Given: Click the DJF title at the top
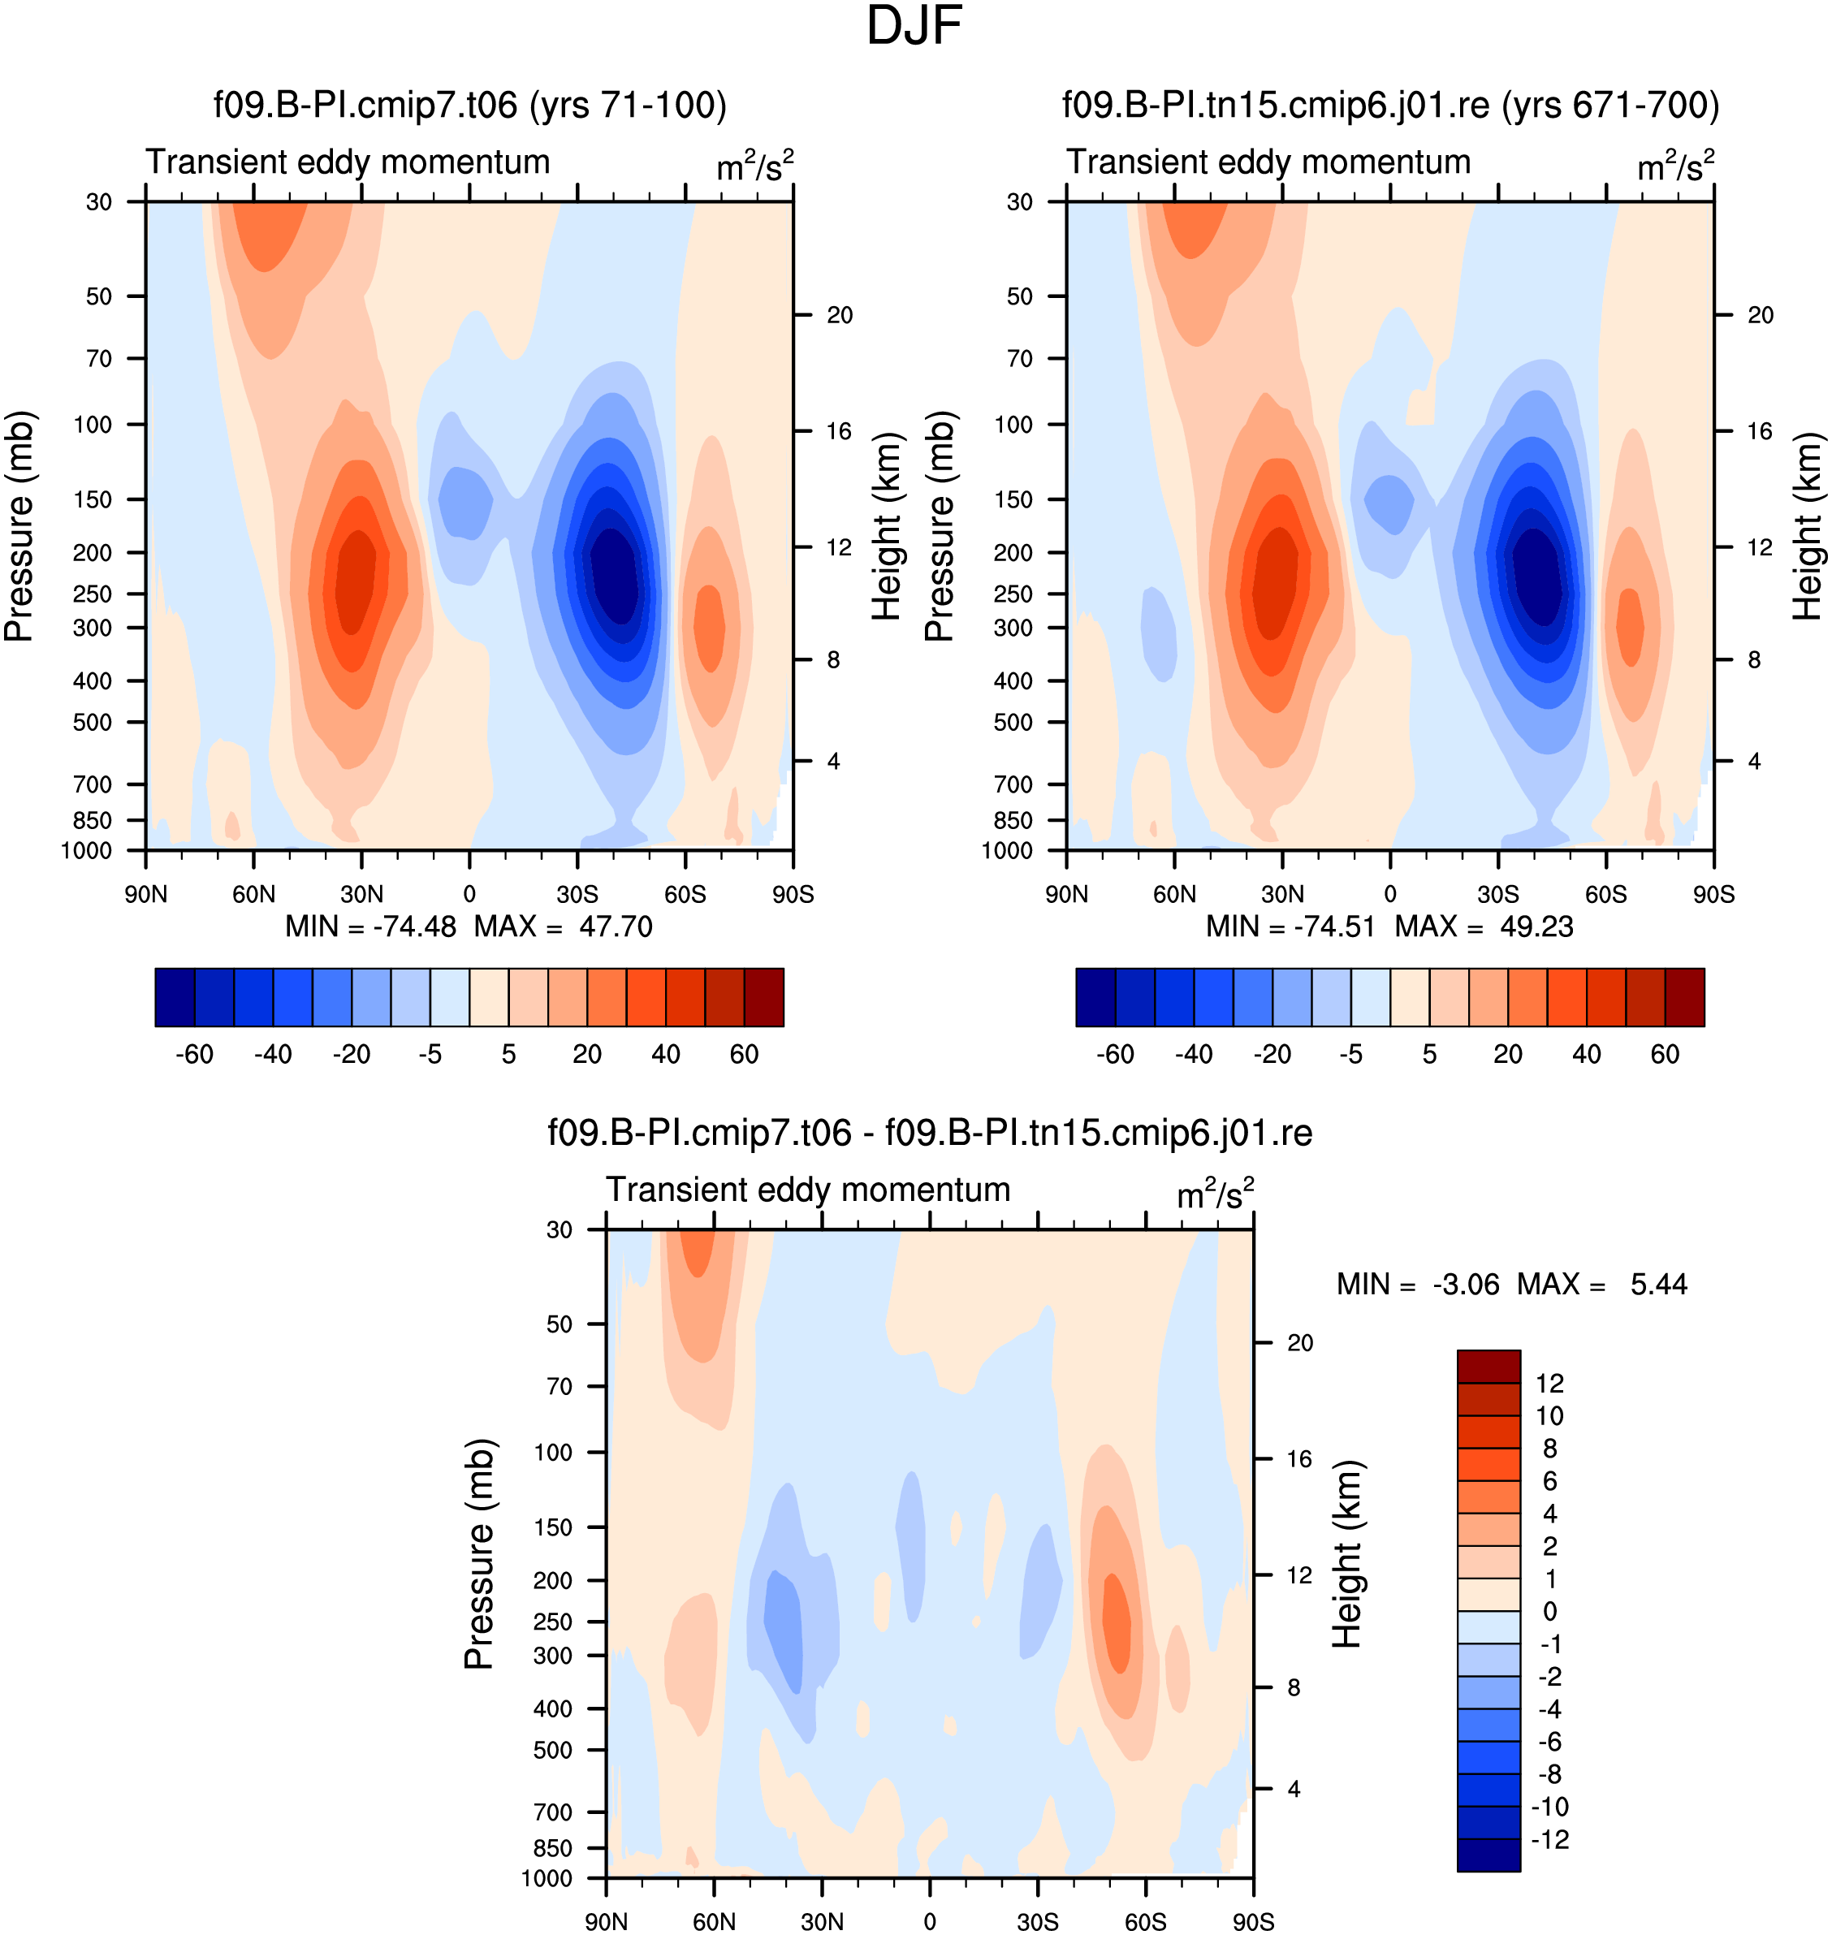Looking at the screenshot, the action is pyautogui.click(x=914, y=26).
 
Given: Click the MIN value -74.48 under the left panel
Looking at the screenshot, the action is pyautogui.click(x=415, y=926).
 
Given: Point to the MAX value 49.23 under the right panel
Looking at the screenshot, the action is pyautogui.click(x=1536, y=926).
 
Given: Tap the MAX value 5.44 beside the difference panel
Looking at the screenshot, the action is pyautogui.click(x=1658, y=1284).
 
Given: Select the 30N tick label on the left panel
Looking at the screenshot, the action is pyautogui.click(x=361, y=894).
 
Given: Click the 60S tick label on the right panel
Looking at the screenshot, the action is pyautogui.click(x=1606, y=894).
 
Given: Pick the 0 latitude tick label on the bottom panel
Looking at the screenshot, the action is pyautogui.click(x=930, y=1921).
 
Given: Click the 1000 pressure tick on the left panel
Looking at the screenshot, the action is pyautogui.click(x=87, y=850).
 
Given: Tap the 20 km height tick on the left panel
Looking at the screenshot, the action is pyautogui.click(x=839, y=314).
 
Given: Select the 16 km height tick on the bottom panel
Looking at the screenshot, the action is pyautogui.click(x=1300, y=1458).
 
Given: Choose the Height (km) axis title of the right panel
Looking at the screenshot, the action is pyautogui.click(x=1808, y=526).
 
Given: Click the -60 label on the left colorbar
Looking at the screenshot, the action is pyautogui.click(x=194, y=1055).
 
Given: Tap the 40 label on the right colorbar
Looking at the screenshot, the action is pyautogui.click(x=1587, y=1055).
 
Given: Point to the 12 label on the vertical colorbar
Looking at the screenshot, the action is pyautogui.click(x=1549, y=1384).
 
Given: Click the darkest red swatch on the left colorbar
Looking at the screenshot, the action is pyautogui.click(x=763, y=997).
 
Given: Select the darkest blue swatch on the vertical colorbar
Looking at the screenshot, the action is pyautogui.click(x=1488, y=1855).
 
